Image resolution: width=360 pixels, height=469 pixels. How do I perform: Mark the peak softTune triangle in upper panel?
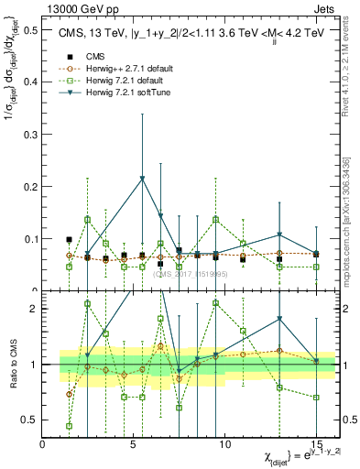(x=142, y=178)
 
